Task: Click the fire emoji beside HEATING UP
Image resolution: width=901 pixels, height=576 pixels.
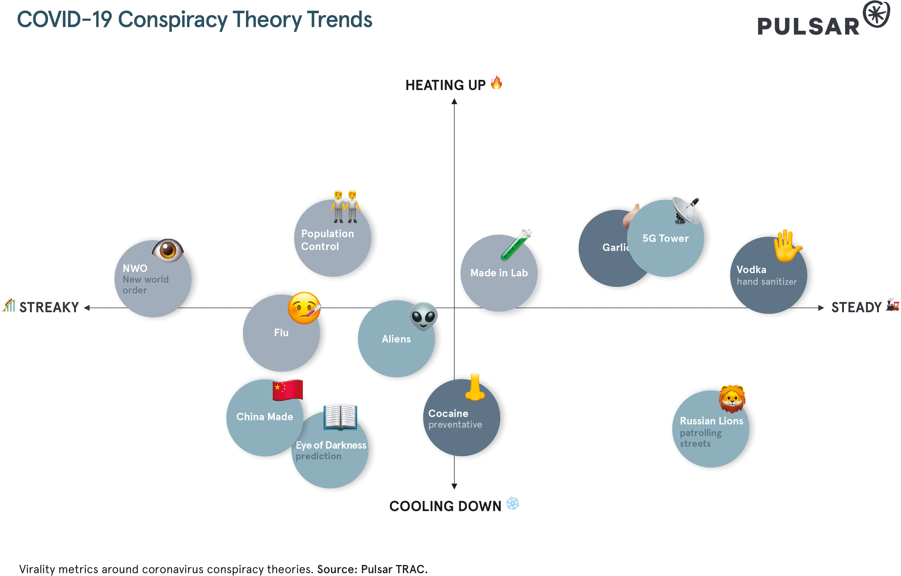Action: pos(496,83)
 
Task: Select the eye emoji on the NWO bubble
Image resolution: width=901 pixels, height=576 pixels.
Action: pos(168,250)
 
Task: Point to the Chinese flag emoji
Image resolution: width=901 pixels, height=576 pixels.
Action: pos(287,390)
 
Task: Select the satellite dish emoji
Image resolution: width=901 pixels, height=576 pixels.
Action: pos(686,210)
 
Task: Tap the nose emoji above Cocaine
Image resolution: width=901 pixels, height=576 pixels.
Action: pos(474,387)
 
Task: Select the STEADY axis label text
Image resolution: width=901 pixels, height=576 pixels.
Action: pos(856,308)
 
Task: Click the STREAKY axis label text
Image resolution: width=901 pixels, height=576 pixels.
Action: pos(49,308)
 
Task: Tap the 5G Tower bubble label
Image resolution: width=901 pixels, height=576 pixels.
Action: pos(665,238)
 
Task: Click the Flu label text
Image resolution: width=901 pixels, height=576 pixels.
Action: pos(281,332)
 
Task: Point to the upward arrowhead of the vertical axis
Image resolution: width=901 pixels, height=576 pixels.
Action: pos(454,101)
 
